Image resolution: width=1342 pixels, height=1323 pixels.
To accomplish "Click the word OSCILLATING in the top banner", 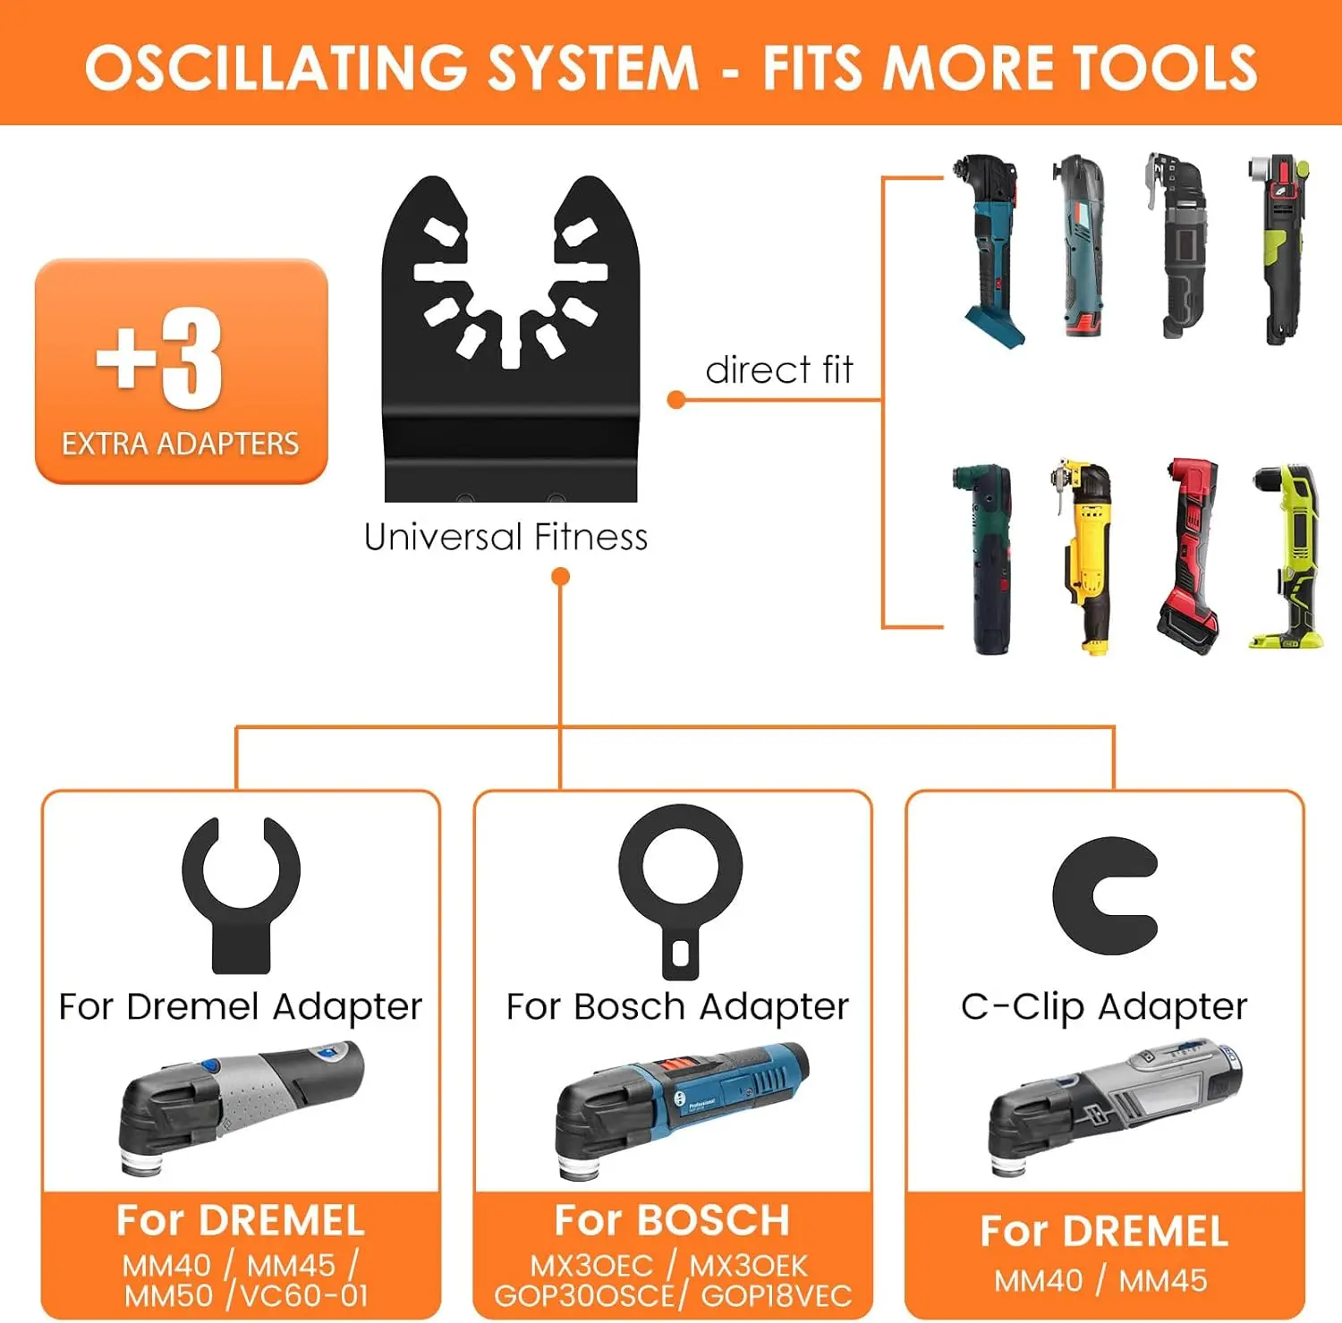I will pos(276,67).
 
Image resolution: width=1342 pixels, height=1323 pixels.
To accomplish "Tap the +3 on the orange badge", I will pos(159,359).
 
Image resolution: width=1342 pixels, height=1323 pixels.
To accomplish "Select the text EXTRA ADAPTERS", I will pos(180,444).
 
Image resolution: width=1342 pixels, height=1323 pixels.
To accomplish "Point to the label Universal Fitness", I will pos(505,537).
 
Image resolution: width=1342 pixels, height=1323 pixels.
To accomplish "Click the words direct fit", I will pos(779,369).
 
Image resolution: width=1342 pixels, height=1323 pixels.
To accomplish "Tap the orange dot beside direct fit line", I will pos(676,400).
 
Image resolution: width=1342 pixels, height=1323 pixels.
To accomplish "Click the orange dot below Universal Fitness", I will pos(561,577).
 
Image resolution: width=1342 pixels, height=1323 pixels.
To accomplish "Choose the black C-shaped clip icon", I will pos(1104,895).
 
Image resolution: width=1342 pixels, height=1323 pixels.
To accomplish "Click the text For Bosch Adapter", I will pos(677,1006).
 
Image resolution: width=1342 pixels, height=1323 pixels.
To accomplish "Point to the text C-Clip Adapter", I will pos(1104,1006).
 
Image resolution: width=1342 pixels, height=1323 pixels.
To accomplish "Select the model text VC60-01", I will pos(304,1295).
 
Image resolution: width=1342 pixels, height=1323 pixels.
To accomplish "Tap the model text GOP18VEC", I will pos(777,1295).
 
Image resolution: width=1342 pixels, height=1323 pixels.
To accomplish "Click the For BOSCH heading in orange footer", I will pos(672,1220).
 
